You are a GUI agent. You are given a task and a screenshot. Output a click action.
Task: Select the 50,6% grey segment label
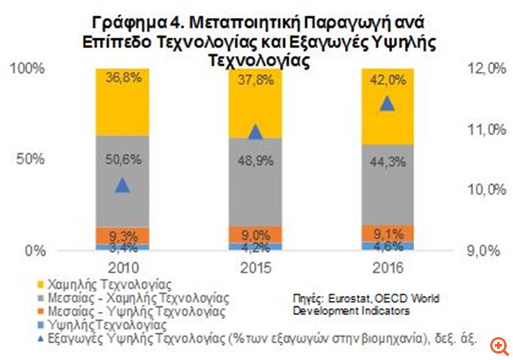coord(121,159)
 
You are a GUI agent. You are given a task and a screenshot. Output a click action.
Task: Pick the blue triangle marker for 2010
coord(121,186)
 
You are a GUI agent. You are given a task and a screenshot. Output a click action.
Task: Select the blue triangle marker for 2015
coord(254,131)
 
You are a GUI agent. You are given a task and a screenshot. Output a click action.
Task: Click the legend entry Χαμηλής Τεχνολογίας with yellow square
coord(89,281)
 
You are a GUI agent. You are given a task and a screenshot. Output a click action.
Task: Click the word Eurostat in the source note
coord(344,298)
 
